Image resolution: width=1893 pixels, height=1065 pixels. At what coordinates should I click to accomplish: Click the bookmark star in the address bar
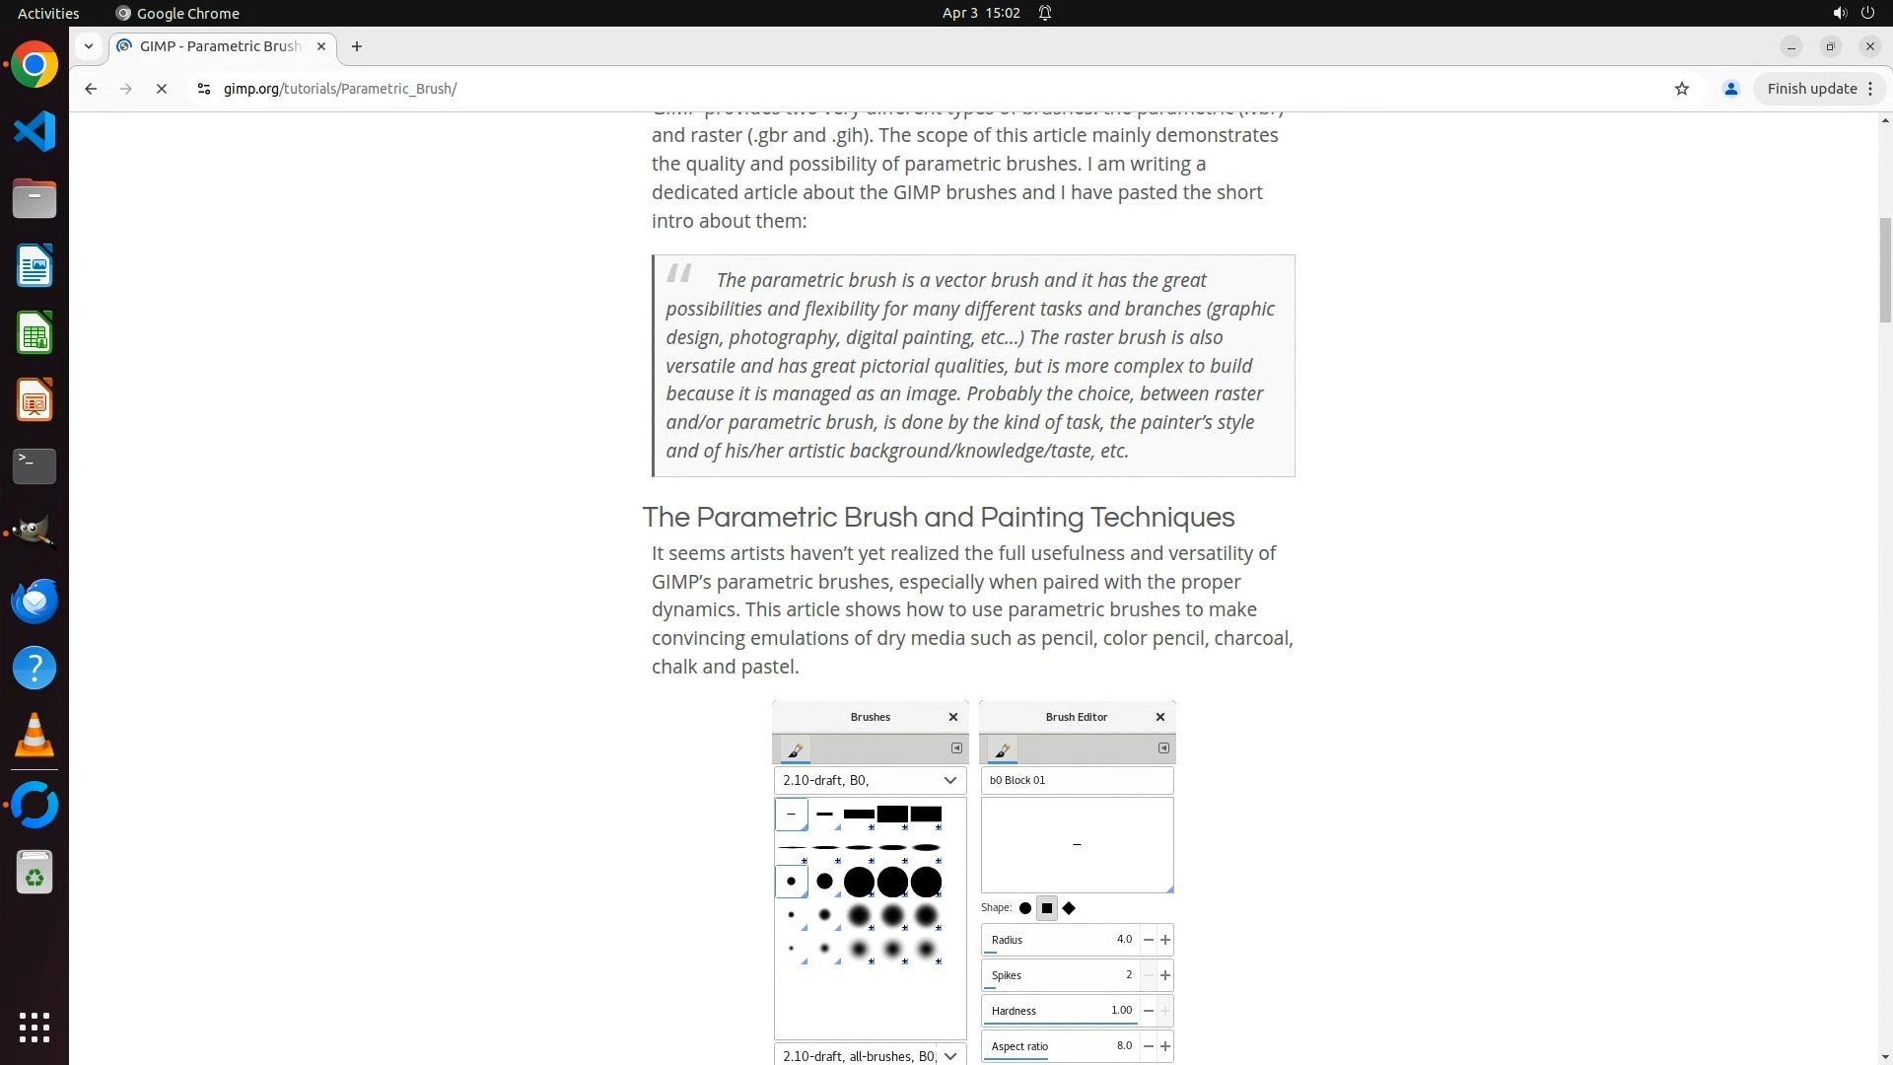tap(1682, 89)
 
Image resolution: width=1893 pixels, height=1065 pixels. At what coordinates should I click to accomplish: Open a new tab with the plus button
tap(357, 46)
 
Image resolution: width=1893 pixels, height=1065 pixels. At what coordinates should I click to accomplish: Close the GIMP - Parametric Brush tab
tap(321, 46)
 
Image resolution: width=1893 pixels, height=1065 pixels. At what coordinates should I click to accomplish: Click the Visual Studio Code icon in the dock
tap(35, 132)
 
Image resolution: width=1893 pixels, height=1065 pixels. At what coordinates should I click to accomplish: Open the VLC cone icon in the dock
tap(35, 735)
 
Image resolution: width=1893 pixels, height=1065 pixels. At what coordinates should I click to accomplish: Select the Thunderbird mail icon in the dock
tap(35, 601)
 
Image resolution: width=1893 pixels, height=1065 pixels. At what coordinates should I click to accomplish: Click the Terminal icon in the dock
tap(35, 466)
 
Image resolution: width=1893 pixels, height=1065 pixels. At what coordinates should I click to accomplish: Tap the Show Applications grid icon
tap(35, 1027)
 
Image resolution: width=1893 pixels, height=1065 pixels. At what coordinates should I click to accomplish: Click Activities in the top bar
tap(48, 13)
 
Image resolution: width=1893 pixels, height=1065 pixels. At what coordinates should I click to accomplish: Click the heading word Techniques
tap(1162, 518)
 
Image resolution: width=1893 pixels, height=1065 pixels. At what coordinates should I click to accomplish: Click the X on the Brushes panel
tap(953, 717)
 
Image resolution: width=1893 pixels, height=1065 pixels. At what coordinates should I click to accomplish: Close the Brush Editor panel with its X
tap(1160, 717)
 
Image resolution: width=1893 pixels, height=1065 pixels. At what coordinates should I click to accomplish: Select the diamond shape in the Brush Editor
tap(1069, 908)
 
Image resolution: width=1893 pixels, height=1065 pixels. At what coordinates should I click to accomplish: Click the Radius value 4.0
tap(1124, 940)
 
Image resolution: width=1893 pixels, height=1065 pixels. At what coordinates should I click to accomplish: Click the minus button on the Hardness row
tap(1149, 1011)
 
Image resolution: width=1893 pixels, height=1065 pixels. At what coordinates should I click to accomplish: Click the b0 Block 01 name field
tap(1077, 780)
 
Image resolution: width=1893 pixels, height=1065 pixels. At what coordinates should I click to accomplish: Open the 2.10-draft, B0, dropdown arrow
tap(950, 780)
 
